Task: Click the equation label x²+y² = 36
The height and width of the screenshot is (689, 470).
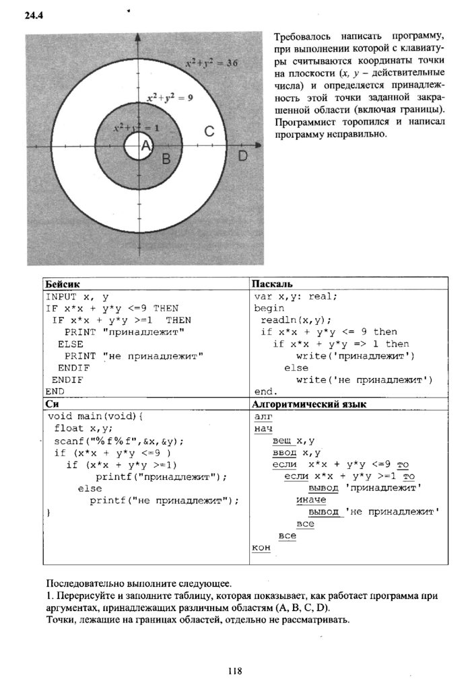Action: tap(212, 62)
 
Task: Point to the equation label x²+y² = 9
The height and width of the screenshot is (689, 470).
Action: tap(170, 98)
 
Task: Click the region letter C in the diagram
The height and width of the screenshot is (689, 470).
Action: tap(209, 132)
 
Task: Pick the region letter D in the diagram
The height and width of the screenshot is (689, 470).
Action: tap(243, 156)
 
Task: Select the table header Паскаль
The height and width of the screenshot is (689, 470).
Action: tap(272, 284)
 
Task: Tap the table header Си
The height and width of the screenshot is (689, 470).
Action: tap(53, 404)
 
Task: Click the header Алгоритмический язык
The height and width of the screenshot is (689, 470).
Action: tap(308, 404)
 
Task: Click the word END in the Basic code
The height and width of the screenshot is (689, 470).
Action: tap(55, 392)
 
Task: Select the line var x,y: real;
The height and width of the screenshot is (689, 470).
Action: tap(296, 296)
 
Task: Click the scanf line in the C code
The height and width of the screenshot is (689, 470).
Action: tap(119, 441)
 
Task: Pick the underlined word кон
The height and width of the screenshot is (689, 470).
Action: tap(261, 548)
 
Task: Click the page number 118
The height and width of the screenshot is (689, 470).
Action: tap(234, 670)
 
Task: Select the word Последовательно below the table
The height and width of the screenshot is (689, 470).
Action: tap(82, 583)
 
